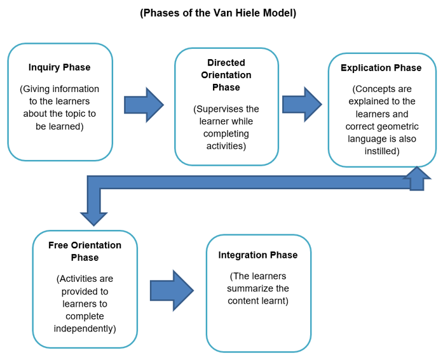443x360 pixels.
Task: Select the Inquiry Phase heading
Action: tap(60, 67)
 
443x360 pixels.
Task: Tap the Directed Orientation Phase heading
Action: tap(226, 75)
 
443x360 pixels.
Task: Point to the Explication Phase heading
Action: tap(381, 67)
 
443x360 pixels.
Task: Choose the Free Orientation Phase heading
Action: tap(85, 251)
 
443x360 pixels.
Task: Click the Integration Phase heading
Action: tap(257, 255)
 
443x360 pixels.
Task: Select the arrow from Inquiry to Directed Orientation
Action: tap(144, 104)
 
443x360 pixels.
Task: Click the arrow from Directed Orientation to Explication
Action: tap(302, 104)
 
